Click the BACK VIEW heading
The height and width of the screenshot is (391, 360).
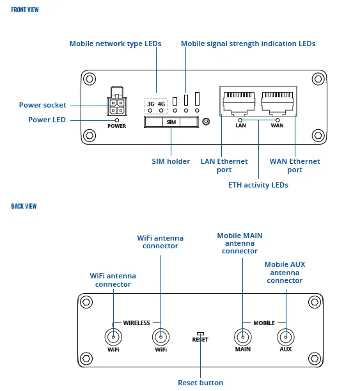click(24, 206)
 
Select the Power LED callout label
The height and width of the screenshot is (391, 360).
click(47, 120)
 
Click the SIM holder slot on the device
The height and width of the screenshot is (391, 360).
click(171, 122)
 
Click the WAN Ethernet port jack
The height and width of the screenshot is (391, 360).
click(278, 100)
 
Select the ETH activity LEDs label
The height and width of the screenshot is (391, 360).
click(258, 185)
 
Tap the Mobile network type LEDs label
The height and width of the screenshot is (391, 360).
click(115, 44)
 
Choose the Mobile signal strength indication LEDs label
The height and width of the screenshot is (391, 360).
click(248, 44)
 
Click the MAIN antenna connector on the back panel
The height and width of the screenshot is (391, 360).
click(242, 337)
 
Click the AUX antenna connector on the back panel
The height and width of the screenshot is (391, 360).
click(285, 337)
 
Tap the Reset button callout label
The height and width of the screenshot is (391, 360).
click(200, 383)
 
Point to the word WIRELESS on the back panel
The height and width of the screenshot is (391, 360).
click(136, 323)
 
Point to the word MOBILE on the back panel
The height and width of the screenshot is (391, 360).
click(264, 323)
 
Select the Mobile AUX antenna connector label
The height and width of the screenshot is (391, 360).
click(285, 272)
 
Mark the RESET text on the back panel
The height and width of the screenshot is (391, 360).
click(200, 340)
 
